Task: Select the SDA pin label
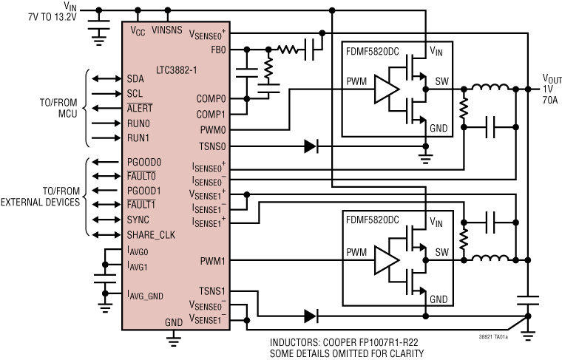(135, 78)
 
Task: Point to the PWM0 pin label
(213, 130)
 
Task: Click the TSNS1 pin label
(213, 291)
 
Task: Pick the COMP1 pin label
(211, 114)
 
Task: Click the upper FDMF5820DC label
(373, 53)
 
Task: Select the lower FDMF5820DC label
(373, 220)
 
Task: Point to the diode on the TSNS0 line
(311, 146)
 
